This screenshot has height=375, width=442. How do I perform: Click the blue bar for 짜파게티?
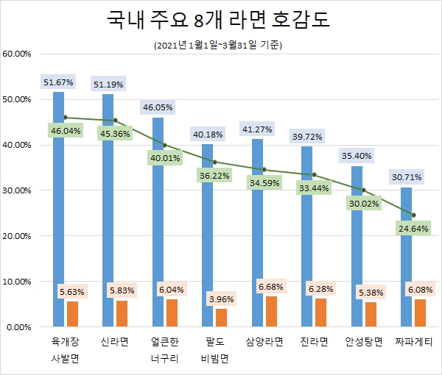pyautogui.click(x=407, y=257)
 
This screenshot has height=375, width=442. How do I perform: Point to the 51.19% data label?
pyautogui.click(x=108, y=85)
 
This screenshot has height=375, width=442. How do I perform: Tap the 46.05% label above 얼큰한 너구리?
pyautogui.click(x=158, y=107)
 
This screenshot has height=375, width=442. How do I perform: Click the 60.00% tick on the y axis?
pyautogui.click(x=17, y=54)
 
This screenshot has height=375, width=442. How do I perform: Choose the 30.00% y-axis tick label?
pyautogui.click(x=17, y=190)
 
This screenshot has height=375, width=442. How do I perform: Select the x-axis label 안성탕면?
pyautogui.click(x=363, y=342)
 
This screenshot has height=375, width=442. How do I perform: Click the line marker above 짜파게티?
pyautogui.click(x=413, y=215)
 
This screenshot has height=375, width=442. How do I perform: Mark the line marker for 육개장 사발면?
pyautogui.click(x=66, y=117)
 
